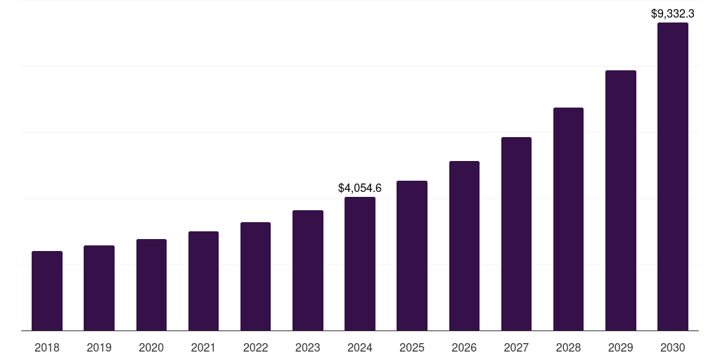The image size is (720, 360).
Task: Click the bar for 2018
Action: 47,290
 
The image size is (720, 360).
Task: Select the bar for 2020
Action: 151,285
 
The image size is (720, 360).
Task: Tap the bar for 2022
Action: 255,276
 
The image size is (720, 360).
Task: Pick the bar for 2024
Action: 359,264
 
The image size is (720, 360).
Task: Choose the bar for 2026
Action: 464,245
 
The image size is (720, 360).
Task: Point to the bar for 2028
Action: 568,219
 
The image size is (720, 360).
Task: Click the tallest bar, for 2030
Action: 672,176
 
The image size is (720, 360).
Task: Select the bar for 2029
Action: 620,200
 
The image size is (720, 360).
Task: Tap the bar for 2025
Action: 412,255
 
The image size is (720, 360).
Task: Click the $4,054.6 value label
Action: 359,188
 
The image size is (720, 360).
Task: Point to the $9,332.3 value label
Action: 672,13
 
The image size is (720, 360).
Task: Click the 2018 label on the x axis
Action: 47,348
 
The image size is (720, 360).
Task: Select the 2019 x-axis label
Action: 99,348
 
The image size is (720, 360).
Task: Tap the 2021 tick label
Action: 203,348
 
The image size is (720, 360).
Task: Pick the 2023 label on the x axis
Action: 307,348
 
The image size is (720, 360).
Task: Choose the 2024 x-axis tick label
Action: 359,348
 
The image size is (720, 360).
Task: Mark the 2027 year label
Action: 516,348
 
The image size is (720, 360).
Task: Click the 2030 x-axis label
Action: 672,348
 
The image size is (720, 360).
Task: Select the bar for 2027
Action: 516,233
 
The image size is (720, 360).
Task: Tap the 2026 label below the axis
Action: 464,348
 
